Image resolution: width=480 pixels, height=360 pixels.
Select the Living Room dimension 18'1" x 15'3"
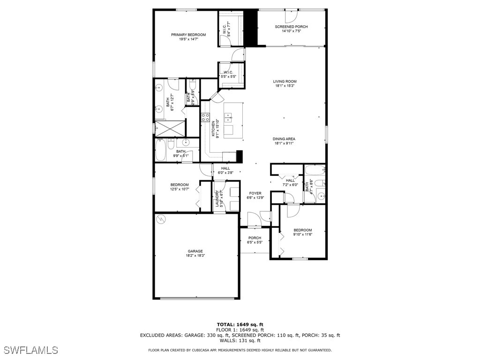[285, 86]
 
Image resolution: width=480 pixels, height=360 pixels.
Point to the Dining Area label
[285, 139]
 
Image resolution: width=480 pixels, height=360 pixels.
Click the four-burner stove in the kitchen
[205, 117]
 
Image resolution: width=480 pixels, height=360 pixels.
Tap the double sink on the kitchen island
[229, 118]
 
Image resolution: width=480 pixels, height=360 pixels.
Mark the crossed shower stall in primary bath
[167, 127]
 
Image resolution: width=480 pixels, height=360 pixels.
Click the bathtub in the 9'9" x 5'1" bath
[160, 150]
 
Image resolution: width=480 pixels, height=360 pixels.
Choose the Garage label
[195, 251]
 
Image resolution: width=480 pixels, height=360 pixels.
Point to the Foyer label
[255, 193]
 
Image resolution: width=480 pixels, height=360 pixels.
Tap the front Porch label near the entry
[255, 238]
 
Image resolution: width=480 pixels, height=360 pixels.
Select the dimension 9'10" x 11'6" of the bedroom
[302, 235]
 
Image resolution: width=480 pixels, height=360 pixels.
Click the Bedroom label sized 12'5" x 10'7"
[180, 185]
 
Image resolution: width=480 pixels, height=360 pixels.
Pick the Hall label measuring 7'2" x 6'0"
[290, 180]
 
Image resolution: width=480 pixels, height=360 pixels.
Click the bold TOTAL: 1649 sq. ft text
[240, 324]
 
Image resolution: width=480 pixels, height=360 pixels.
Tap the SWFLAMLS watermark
[31, 350]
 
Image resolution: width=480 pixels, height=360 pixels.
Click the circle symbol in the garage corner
[161, 218]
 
